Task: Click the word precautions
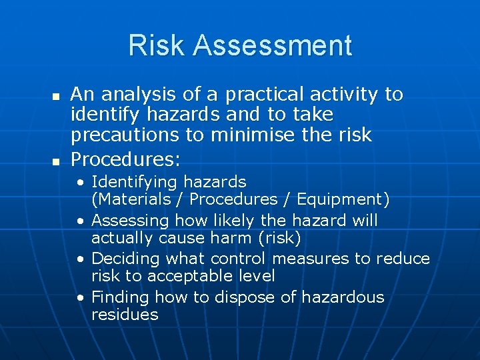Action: (126, 135)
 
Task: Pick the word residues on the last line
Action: (125, 314)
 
